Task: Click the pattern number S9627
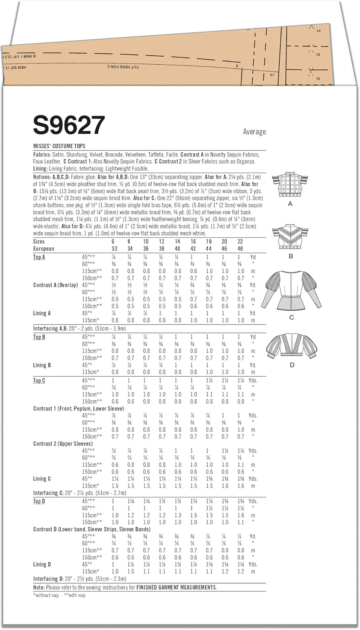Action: [69, 126]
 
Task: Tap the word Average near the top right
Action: [254, 132]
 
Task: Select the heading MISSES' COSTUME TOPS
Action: [59, 146]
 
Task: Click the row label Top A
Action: [39, 257]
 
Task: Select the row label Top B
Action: [39, 337]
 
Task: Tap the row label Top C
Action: [39, 381]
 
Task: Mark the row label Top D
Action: [39, 501]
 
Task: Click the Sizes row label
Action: [39, 241]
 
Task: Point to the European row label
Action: [44, 249]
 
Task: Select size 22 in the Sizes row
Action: [240, 241]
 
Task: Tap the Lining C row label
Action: [42, 479]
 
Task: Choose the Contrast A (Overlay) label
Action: [55, 285]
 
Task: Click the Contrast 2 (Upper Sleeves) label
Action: [63, 444]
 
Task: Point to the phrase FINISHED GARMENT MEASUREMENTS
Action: [176, 588]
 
